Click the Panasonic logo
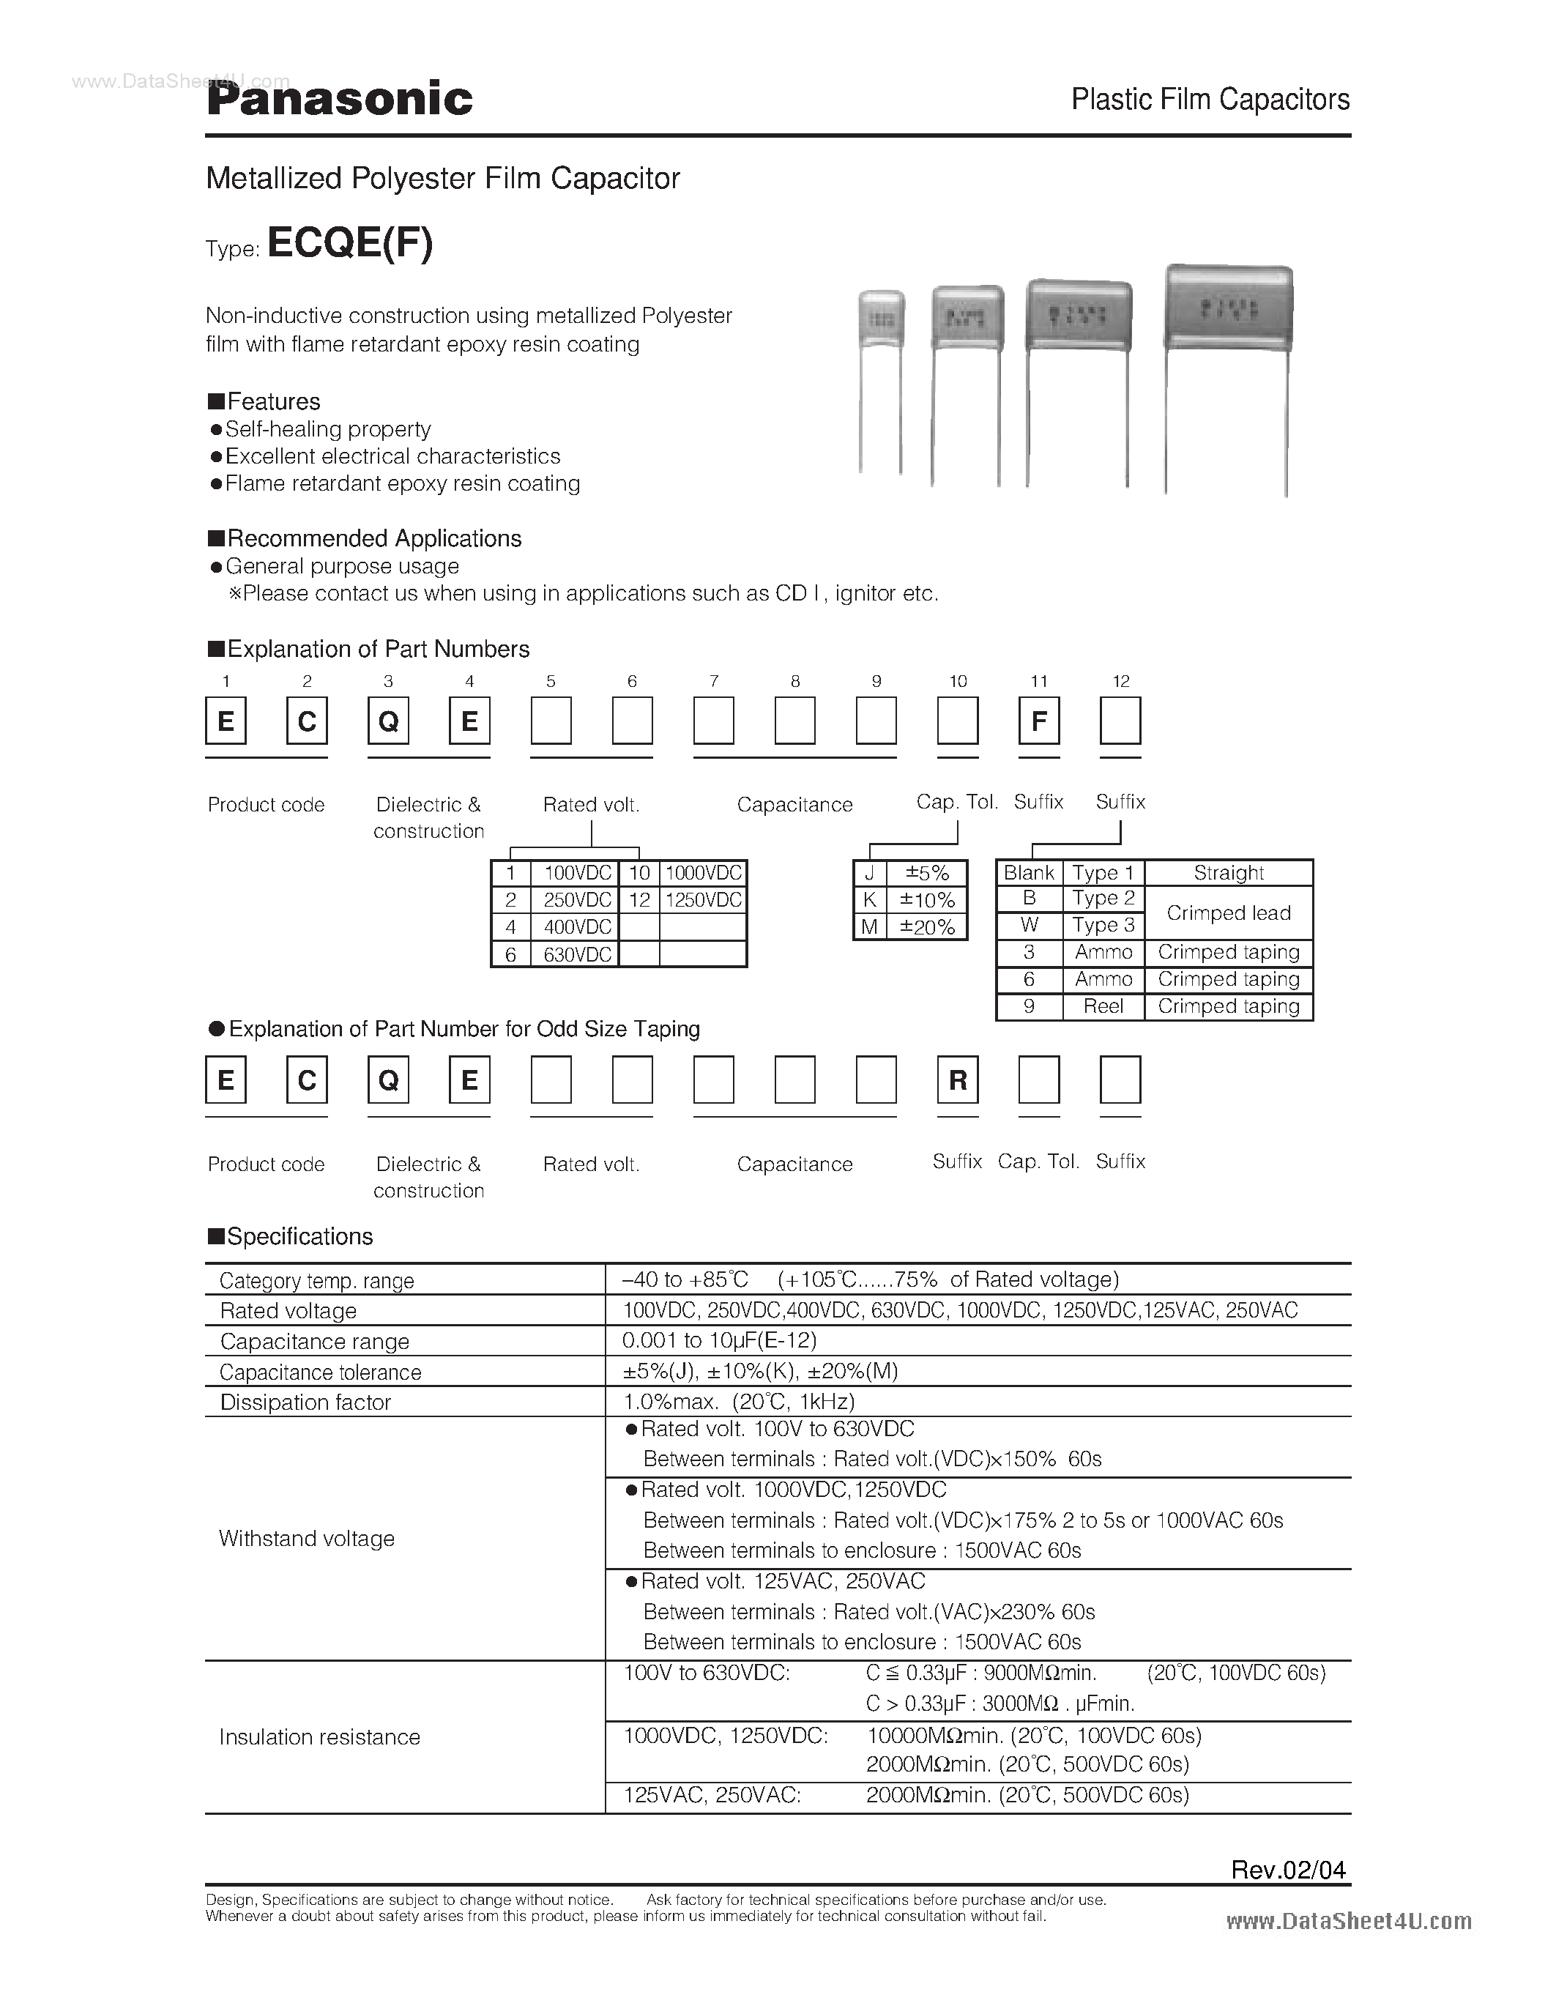tap(339, 100)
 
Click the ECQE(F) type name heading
tap(349, 243)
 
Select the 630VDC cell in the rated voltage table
tap(577, 954)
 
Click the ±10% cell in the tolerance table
tap(926, 900)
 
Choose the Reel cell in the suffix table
tap(1103, 1006)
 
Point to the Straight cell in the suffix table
tap(1228, 872)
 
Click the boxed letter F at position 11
tap(1039, 721)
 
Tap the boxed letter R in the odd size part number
tap(958, 1080)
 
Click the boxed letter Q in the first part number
tap(388, 721)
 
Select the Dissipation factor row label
tap(305, 1402)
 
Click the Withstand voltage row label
tap(306, 1538)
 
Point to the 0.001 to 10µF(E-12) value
tap(720, 1341)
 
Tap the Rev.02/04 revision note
tap(1288, 1869)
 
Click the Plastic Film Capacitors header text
tap(1210, 100)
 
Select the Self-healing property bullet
tap(327, 429)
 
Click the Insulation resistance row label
tap(319, 1736)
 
